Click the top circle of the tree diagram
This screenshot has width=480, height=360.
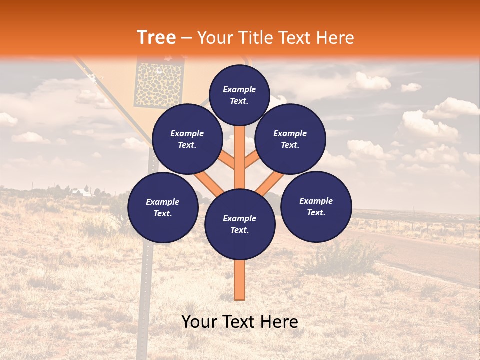click(x=239, y=95)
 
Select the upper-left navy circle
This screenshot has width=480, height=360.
click(x=187, y=139)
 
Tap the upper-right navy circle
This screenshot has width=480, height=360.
click(x=290, y=139)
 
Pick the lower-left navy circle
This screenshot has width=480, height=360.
click(x=162, y=208)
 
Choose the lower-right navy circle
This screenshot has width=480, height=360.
click(x=316, y=207)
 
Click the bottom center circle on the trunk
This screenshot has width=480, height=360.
click(x=239, y=224)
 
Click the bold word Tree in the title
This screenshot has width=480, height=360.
click(x=156, y=37)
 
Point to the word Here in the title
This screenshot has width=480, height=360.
click(x=335, y=37)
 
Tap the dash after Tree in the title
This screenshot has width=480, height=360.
click(x=186, y=38)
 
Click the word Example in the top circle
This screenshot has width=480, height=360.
click(x=239, y=89)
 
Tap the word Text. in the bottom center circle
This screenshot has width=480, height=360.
click(x=239, y=230)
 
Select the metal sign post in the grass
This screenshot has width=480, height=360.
click(x=145, y=280)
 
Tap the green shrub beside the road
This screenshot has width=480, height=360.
click(x=345, y=255)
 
